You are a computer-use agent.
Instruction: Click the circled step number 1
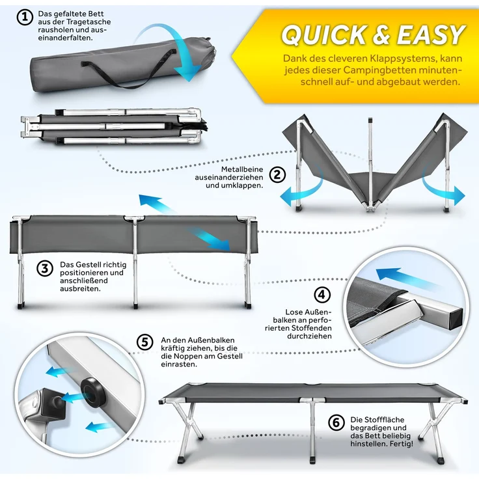coord(25,18)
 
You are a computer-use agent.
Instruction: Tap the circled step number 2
coord(277,174)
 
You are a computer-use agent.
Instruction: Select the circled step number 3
coord(45,269)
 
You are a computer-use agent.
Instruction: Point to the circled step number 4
coord(322,295)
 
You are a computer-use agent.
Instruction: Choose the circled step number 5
coord(144,342)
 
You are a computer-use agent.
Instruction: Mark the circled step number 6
coord(336,423)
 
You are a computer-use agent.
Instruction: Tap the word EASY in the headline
coord(431,34)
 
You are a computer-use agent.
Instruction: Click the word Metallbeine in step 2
coord(242,169)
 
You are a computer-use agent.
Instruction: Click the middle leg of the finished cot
coord(312,431)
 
